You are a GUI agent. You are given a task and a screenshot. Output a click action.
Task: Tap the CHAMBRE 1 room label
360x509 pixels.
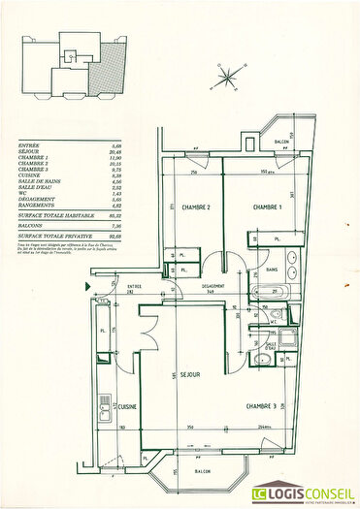(x=268, y=207)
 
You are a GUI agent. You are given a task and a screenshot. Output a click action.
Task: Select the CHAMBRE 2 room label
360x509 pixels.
(x=196, y=207)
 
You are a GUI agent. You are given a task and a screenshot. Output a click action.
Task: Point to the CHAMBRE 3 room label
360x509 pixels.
(x=261, y=405)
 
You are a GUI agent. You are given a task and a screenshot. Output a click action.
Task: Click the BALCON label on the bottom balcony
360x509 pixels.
(x=203, y=473)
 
